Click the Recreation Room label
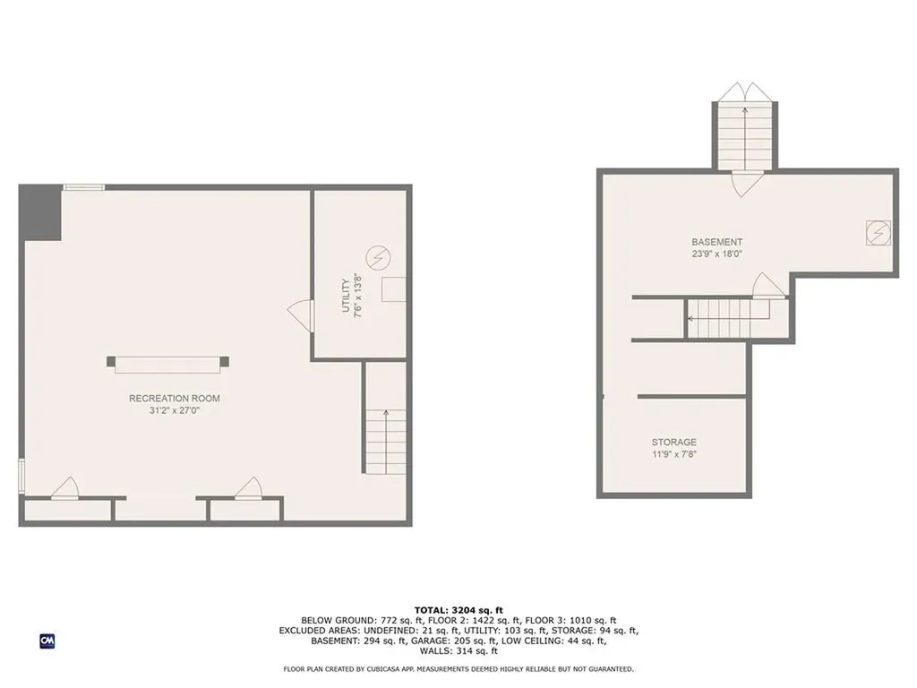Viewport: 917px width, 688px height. (x=175, y=399)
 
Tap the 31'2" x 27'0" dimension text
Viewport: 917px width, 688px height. (x=175, y=411)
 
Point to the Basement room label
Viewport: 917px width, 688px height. (x=716, y=242)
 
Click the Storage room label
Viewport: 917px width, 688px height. (x=673, y=442)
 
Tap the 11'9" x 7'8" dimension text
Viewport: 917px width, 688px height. (x=673, y=454)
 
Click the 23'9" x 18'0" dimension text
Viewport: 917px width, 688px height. (x=716, y=254)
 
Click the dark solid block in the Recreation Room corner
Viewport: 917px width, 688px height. (x=40, y=212)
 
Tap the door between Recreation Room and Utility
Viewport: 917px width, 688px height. (x=300, y=314)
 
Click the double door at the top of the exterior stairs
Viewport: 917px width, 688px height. (x=744, y=92)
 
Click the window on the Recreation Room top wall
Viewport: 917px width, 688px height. (x=83, y=187)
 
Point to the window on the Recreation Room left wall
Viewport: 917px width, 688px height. (x=21, y=474)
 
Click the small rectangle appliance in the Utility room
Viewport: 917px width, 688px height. (x=394, y=288)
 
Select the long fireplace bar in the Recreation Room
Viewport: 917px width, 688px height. (x=167, y=362)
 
